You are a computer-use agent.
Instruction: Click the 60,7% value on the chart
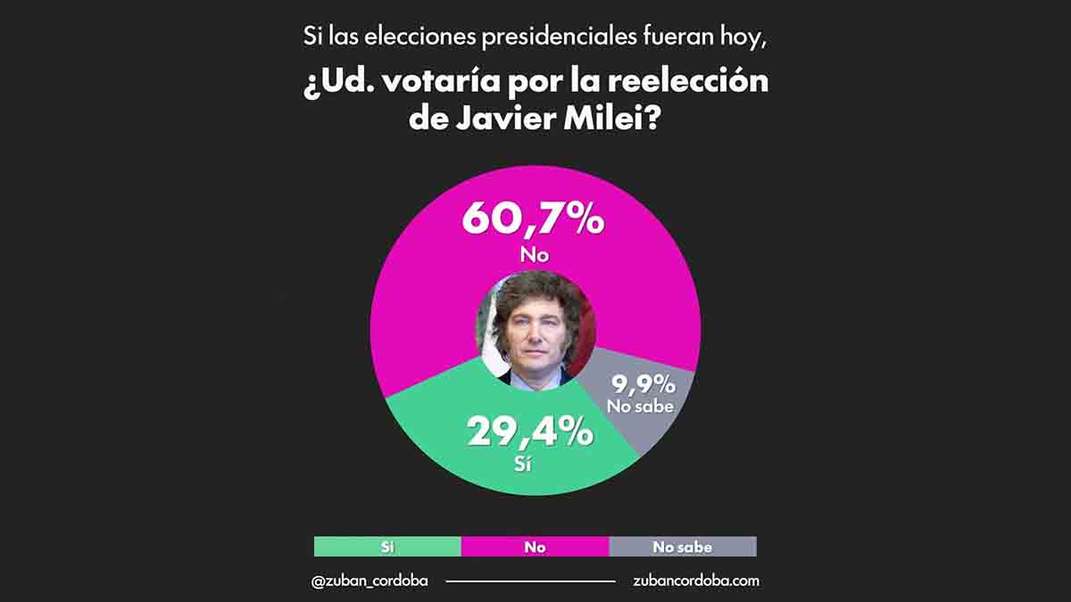533,219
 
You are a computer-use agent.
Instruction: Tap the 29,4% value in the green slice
530,433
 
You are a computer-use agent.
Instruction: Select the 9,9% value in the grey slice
643,384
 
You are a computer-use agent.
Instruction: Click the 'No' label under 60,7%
534,256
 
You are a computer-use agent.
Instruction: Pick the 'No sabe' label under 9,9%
641,406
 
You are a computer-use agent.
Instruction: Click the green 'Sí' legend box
387,547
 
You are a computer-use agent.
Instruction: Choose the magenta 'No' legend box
535,547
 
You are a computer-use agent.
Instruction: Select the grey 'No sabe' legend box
682,547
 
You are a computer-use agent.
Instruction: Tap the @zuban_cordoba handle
369,581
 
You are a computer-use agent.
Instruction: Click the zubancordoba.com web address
695,581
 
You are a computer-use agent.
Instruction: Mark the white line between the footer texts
530,581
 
